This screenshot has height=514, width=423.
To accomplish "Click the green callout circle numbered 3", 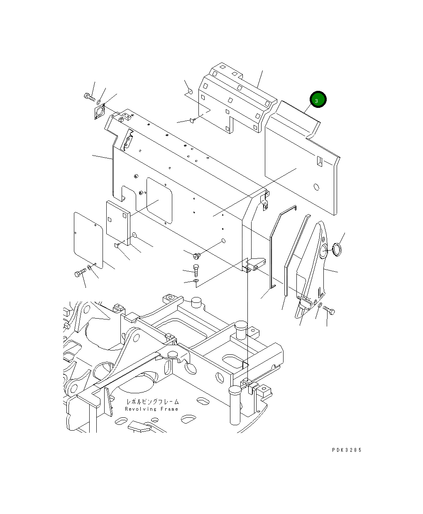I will pyautogui.click(x=318, y=100).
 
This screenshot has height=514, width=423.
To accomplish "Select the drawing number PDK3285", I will pyautogui.click(x=347, y=450).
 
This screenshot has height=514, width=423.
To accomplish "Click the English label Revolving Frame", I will pyautogui.click(x=152, y=409).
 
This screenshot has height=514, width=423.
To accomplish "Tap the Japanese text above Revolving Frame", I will pyautogui.click(x=153, y=402).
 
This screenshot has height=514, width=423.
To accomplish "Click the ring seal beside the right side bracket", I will pyautogui.click(x=336, y=250).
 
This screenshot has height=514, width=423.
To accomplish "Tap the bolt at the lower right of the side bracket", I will pyautogui.click(x=329, y=310).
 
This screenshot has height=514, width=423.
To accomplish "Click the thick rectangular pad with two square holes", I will pyautogui.click(x=118, y=223).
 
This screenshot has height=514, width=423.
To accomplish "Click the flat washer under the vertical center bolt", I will pyautogui.click(x=196, y=282).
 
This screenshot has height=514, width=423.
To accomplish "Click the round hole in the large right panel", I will pyautogui.click(x=316, y=187).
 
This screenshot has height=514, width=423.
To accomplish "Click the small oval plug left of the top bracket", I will pyautogui.click(x=189, y=91).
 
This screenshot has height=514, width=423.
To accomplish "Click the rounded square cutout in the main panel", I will pyautogui.click(x=159, y=201).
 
